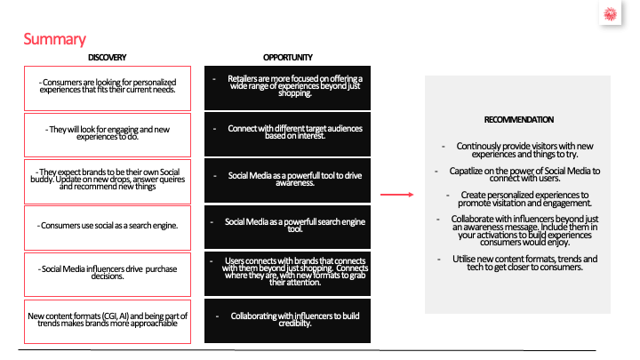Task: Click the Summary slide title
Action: (54, 39)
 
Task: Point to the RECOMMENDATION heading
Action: (518, 119)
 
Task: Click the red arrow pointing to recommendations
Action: (396, 194)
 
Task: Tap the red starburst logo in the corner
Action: (610, 16)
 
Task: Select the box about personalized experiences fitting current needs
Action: (108, 86)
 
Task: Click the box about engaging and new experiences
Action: (108, 133)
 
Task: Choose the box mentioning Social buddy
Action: (108, 180)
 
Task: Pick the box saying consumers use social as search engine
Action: (108, 226)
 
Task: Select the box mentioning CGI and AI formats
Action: (108, 319)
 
